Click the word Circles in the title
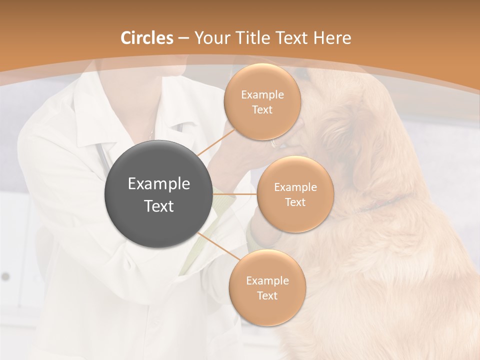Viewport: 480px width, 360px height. pos(147,38)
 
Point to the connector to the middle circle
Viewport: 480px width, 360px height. pos(235,193)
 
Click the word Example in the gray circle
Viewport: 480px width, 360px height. pos(159,184)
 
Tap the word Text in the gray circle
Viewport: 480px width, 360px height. pos(159,206)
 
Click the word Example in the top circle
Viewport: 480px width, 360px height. pos(262,95)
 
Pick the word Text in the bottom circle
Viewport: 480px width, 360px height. pos(267,296)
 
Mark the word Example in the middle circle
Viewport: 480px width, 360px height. pos(295,187)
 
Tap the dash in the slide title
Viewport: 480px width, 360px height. pos(183,38)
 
